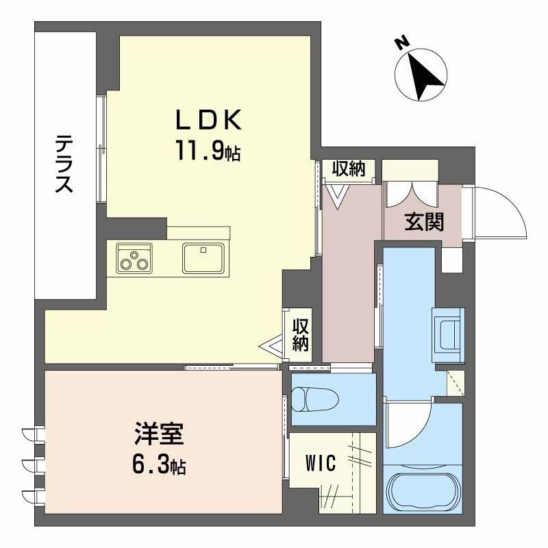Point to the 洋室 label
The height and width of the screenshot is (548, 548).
point(159,436)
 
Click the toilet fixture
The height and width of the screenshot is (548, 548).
point(312,399)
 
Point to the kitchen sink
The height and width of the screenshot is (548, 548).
point(202,258)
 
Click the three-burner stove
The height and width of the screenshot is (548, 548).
point(133,258)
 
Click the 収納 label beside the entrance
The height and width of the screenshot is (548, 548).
point(349,169)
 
